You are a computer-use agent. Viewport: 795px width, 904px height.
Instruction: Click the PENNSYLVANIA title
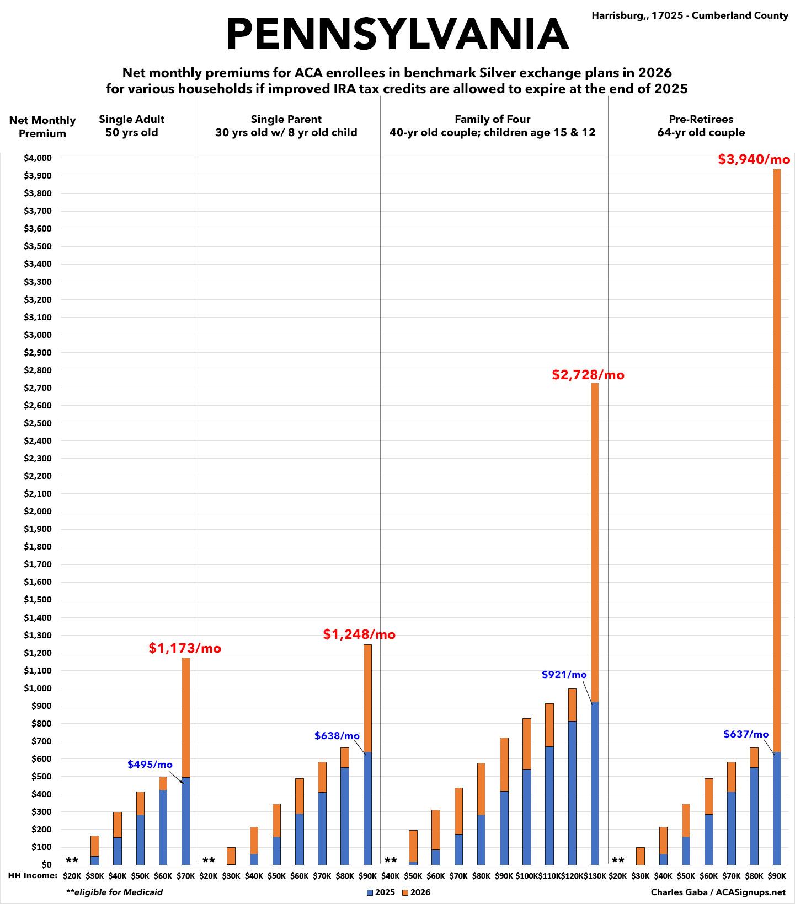pos(397,34)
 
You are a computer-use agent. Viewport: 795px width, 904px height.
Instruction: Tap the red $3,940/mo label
pos(754,160)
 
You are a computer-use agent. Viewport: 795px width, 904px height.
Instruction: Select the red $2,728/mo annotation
pos(588,375)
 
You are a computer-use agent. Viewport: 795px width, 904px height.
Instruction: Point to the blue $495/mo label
pos(150,765)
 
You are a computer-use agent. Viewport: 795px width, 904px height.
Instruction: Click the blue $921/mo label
pos(564,675)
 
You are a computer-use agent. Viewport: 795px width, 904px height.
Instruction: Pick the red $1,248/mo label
pos(359,634)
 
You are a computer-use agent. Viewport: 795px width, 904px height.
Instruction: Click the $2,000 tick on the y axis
pos(38,512)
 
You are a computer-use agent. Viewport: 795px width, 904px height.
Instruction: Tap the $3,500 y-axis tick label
pos(38,246)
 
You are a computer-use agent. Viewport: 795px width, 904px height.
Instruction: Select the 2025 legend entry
pos(381,892)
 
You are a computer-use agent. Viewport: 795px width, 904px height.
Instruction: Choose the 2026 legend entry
pos(416,892)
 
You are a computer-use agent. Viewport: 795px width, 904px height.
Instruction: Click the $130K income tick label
pos(595,875)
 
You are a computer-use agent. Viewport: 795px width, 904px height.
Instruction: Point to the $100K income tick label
pos(526,875)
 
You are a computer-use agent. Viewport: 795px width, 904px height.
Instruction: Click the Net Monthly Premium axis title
pos(42,127)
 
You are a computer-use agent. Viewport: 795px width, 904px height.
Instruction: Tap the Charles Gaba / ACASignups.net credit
pos(717,892)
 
